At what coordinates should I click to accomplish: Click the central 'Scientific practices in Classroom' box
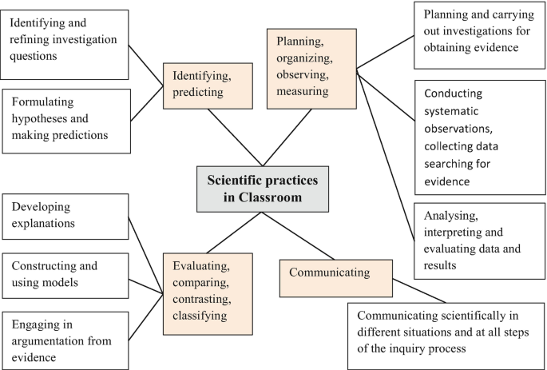(x=264, y=189)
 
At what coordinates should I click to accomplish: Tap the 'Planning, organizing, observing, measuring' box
(x=311, y=67)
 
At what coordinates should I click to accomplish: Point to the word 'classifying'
(x=197, y=316)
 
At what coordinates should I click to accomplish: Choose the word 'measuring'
(x=303, y=91)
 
